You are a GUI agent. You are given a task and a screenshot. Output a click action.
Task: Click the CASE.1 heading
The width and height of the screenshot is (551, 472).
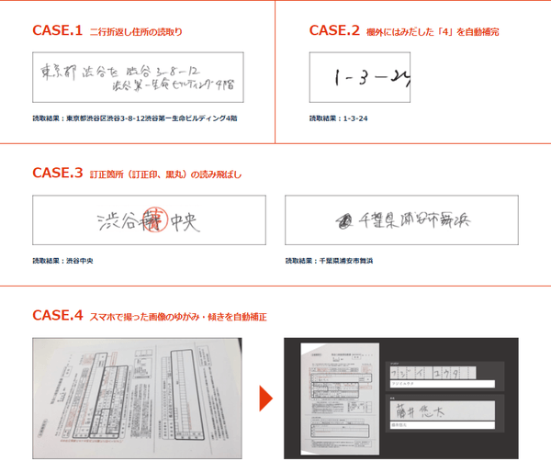(57, 30)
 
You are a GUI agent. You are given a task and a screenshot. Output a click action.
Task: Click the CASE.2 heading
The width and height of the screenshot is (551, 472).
(334, 30)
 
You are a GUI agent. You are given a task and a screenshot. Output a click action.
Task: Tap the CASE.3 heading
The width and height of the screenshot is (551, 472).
(57, 173)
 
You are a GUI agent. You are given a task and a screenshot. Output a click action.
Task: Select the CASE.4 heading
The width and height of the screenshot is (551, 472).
(57, 315)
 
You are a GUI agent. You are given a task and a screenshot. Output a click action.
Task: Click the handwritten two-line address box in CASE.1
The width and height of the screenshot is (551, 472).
(137, 76)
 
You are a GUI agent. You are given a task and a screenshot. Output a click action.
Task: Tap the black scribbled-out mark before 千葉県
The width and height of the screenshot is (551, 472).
(343, 220)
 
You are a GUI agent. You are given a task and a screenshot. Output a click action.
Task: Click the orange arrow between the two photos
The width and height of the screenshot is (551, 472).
(266, 398)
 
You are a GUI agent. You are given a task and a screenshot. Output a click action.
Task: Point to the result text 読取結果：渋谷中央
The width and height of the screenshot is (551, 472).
(62, 261)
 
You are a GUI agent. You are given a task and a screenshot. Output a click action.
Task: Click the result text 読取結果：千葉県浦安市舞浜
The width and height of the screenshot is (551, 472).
(335, 261)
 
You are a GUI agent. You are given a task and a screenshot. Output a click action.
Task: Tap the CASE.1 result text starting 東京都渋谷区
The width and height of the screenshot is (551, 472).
(134, 118)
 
